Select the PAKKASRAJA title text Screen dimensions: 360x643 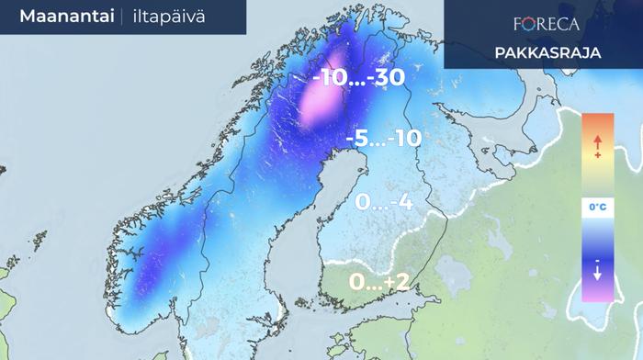547,52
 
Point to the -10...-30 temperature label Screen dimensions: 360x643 359,79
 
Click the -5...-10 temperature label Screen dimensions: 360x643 383,139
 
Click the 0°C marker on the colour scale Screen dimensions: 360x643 597,208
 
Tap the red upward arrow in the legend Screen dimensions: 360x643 597,141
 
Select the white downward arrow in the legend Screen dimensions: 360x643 597,273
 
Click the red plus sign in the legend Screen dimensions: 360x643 597,157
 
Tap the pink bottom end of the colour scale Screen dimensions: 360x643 597,294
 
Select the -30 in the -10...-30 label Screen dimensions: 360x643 386,79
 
